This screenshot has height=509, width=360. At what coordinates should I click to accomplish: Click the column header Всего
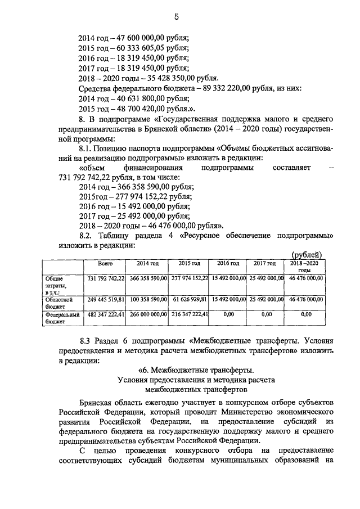(x=105, y=263)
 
